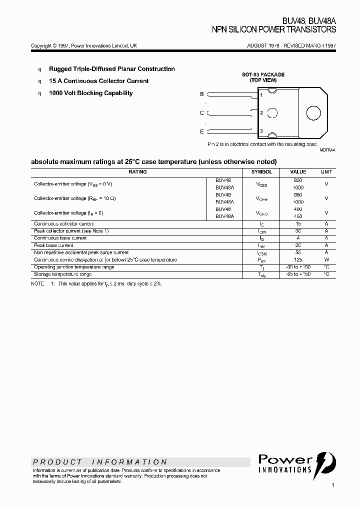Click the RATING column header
137,171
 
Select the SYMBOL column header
262,171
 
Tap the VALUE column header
298,171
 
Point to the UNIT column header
326,171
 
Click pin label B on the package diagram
202,94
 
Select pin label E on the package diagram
202,131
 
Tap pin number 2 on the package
261,113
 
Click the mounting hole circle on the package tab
313,113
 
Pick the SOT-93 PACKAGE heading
263,74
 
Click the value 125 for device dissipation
298,260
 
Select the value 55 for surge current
298,253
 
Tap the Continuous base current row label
60,238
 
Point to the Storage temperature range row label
62,274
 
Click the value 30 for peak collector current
298,231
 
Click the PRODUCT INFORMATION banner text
100,462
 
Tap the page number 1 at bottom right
333,485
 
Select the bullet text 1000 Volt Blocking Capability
90,93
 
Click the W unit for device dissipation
326,260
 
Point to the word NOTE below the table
38,283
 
